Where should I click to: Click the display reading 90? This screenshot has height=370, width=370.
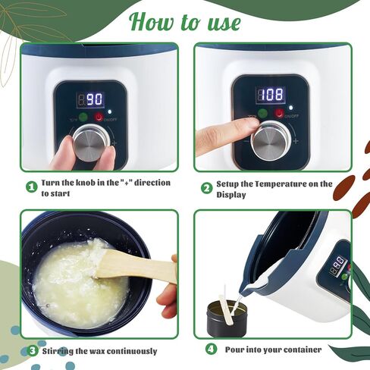pos(90,99)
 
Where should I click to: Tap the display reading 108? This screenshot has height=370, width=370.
pos(271,95)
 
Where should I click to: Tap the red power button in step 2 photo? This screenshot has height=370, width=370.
pos(279,113)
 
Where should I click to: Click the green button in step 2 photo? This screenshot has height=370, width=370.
pos(263,114)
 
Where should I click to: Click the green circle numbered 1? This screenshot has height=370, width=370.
pos(32,187)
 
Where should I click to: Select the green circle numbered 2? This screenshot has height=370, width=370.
pos(206,189)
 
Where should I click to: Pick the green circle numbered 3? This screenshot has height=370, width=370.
pos(33,351)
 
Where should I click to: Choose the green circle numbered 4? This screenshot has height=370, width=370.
pos(211,350)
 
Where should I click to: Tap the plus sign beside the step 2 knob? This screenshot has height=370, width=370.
pos(296,141)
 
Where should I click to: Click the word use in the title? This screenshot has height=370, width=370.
pos(224,23)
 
